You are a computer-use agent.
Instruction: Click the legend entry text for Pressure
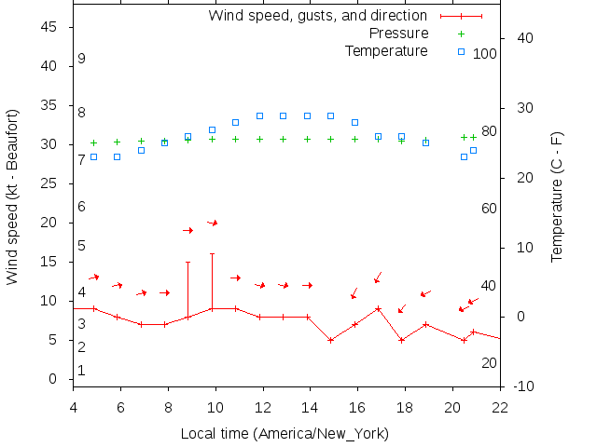(398, 34)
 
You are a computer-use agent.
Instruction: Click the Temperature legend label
(386, 50)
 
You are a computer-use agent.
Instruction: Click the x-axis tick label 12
(263, 405)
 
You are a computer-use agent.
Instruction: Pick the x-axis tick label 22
(500, 405)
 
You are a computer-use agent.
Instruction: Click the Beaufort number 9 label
(82, 59)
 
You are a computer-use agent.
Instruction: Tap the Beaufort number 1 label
(82, 371)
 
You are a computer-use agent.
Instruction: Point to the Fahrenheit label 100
(485, 54)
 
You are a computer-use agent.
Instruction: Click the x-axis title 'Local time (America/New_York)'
(285, 433)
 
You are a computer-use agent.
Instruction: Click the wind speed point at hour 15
(331, 340)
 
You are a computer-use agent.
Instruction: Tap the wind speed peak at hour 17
(378, 308)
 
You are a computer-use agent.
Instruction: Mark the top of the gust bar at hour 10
(212, 253)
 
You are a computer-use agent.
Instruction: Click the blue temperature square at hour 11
(235, 122)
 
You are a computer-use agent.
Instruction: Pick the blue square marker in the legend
(461, 51)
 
